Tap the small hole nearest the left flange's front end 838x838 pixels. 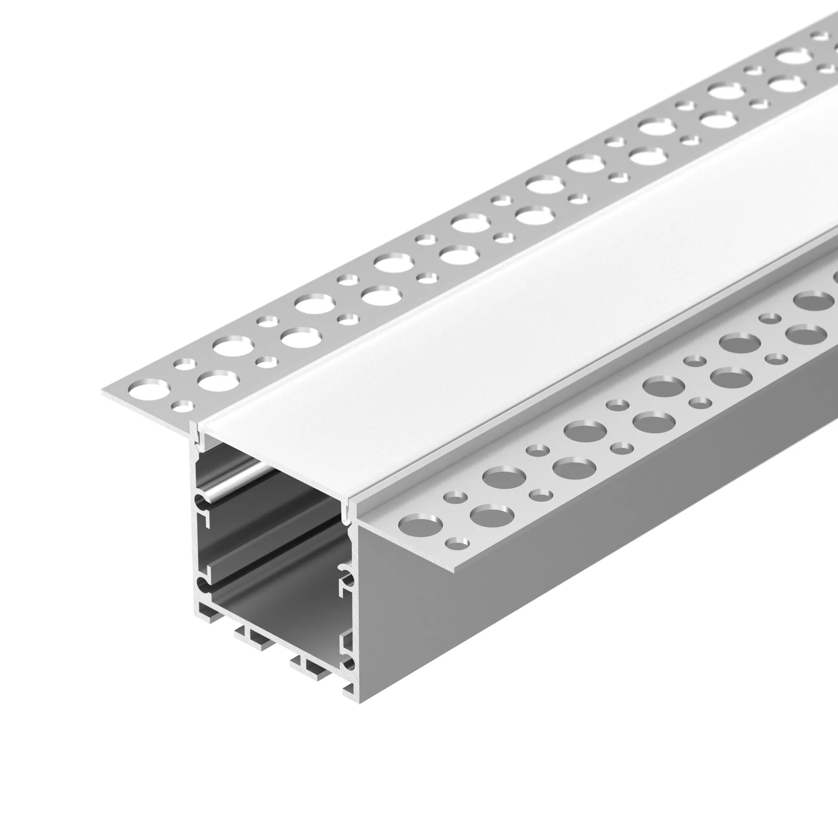point(182,406)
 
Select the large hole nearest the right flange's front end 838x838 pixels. point(420,525)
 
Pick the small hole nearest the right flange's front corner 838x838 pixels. point(457,543)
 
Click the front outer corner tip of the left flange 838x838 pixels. point(103,393)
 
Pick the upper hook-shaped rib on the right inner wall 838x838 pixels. point(345,572)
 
